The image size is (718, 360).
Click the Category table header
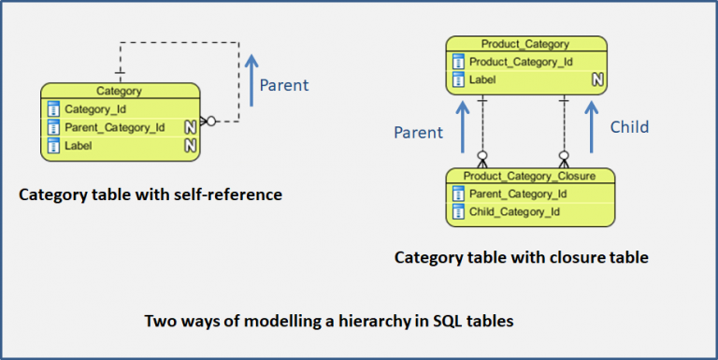120,92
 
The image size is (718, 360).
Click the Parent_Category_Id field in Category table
114,127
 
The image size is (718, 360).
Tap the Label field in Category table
79,146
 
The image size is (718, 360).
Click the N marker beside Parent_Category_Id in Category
190,127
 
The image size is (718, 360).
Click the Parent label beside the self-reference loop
283,85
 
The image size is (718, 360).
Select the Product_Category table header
524,44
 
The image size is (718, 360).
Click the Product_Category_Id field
521,62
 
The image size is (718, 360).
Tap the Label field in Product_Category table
482,80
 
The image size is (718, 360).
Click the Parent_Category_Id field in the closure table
519,194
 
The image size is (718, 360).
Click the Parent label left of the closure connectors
418,132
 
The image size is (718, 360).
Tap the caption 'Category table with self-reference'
149,195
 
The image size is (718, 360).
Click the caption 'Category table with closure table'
521,256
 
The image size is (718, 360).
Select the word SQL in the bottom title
433,321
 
